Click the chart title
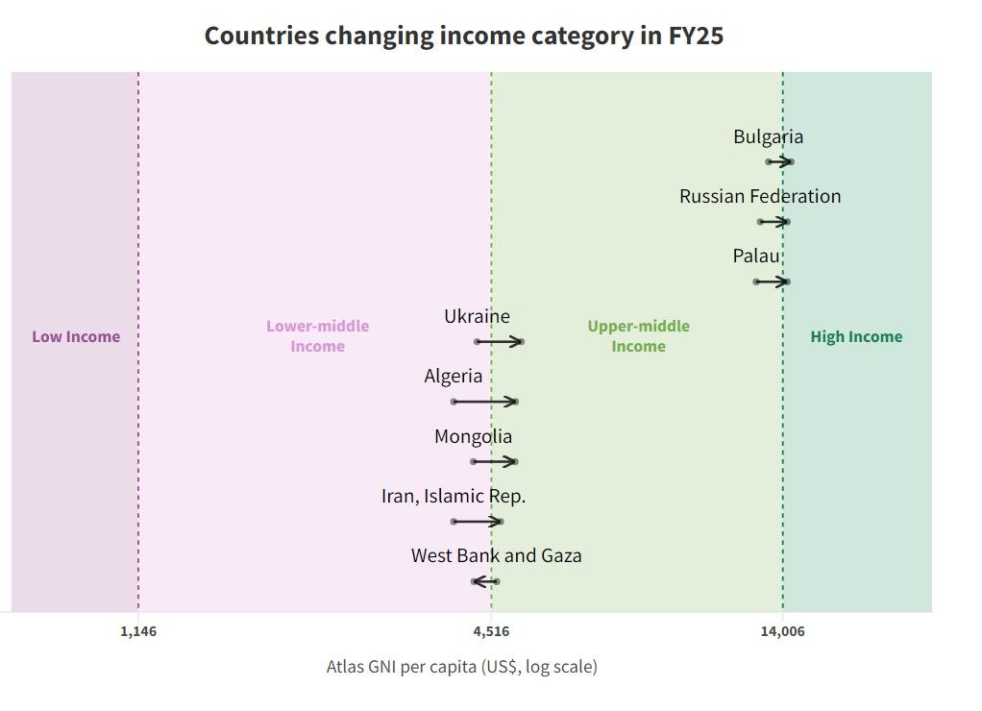click(463, 37)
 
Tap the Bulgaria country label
click(768, 136)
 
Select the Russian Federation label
click(759, 196)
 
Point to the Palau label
click(756, 257)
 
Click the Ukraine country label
click(477, 316)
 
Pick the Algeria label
click(454, 376)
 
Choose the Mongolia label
click(473, 436)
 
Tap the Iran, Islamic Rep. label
click(454, 497)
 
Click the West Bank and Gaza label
click(496, 555)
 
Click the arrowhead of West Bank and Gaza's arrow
click(476, 581)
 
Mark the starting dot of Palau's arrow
click(756, 282)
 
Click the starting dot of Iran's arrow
click(454, 522)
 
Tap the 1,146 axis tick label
click(138, 631)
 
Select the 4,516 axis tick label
click(492, 631)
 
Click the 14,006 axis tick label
click(783, 631)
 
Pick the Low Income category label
click(76, 336)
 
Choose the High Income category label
click(856, 336)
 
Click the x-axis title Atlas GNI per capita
click(461, 666)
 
